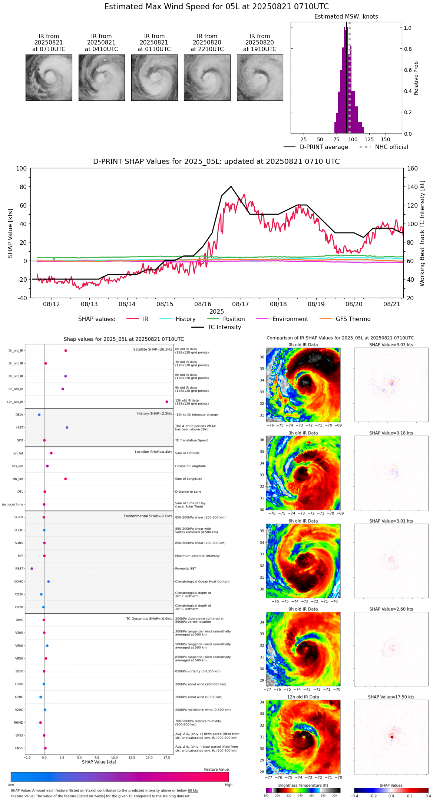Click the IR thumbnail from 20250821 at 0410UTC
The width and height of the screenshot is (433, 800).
click(102, 77)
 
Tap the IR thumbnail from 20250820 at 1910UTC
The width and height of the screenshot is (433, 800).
click(260, 77)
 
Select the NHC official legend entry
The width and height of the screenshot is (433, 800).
click(391, 147)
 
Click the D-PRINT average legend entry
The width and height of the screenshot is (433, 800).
click(324, 147)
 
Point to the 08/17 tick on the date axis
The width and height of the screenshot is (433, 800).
click(240, 304)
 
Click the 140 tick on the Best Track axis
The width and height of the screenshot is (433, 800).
click(413, 187)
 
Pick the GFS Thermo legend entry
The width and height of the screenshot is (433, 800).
click(353, 319)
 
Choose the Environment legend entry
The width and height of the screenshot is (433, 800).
click(290, 319)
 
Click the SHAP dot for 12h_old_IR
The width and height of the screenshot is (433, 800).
click(167, 402)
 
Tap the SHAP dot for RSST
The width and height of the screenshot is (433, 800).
click(32, 569)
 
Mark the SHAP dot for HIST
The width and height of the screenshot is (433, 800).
click(67, 427)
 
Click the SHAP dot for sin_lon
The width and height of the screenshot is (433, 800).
click(66, 479)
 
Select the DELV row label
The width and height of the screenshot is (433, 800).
click(19, 415)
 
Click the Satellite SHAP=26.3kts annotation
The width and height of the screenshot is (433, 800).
click(153, 349)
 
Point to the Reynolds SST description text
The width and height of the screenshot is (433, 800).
click(186, 569)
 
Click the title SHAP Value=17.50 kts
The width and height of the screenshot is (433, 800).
click(391, 697)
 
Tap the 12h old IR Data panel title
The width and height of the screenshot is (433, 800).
click(303, 697)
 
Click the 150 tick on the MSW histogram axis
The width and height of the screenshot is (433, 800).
click(386, 139)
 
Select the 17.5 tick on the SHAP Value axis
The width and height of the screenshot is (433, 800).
click(167, 758)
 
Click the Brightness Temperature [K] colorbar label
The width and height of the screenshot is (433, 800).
click(303, 786)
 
